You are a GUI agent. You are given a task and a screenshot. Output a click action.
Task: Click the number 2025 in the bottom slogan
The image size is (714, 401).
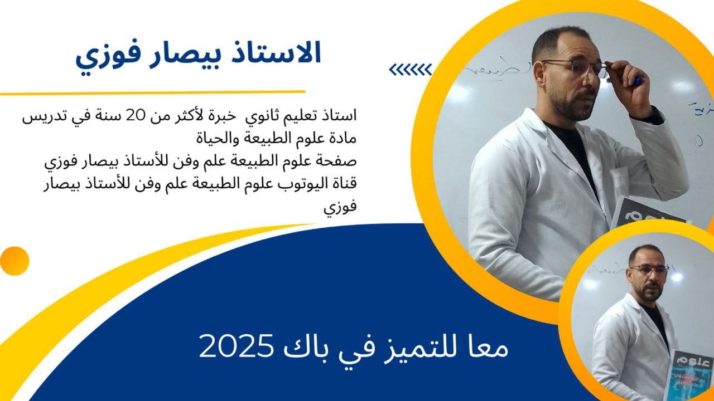(x=234, y=346)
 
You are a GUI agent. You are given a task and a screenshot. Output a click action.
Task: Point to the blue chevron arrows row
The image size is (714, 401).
(x=410, y=70)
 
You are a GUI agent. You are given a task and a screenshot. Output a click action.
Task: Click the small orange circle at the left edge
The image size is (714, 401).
(x=14, y=261)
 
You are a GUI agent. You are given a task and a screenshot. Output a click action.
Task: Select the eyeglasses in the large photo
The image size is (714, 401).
(x=575, y=67)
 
